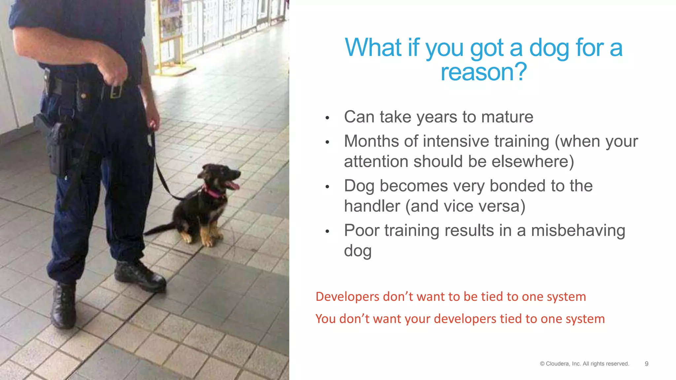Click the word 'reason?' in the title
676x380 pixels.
(484, 72)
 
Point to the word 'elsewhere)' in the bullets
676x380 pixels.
(533, 162)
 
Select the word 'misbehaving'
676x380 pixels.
(578, 230)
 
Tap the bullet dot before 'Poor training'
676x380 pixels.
(327, 232)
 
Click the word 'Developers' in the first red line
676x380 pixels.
(347, 297)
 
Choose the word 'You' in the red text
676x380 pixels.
(325, 319)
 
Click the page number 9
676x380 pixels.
(646, 364)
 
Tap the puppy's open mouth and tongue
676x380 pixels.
(233, 184)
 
